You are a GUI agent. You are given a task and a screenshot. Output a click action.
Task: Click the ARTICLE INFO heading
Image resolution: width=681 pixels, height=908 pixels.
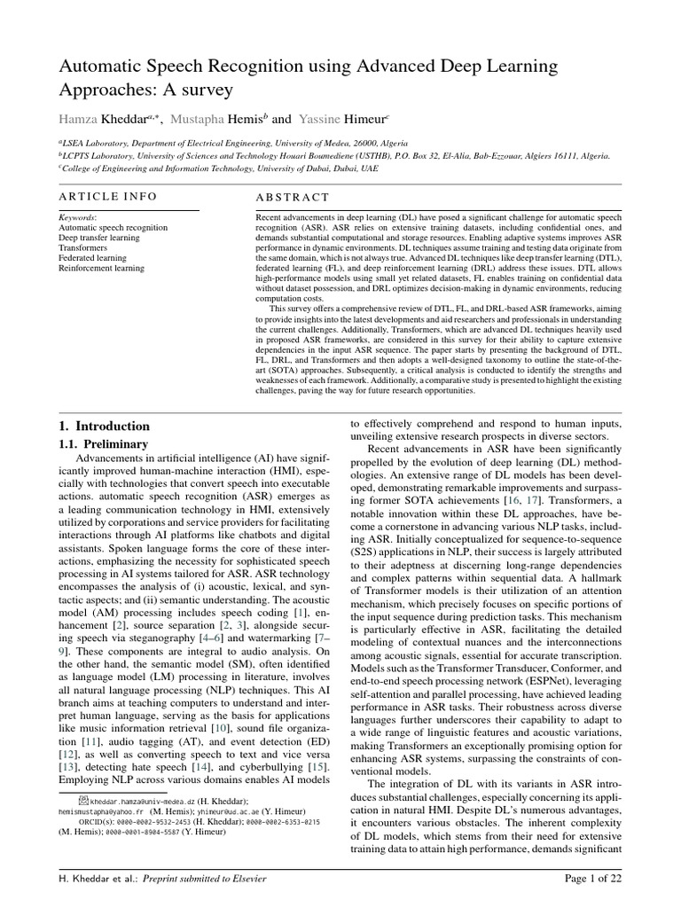click(107, 196)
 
